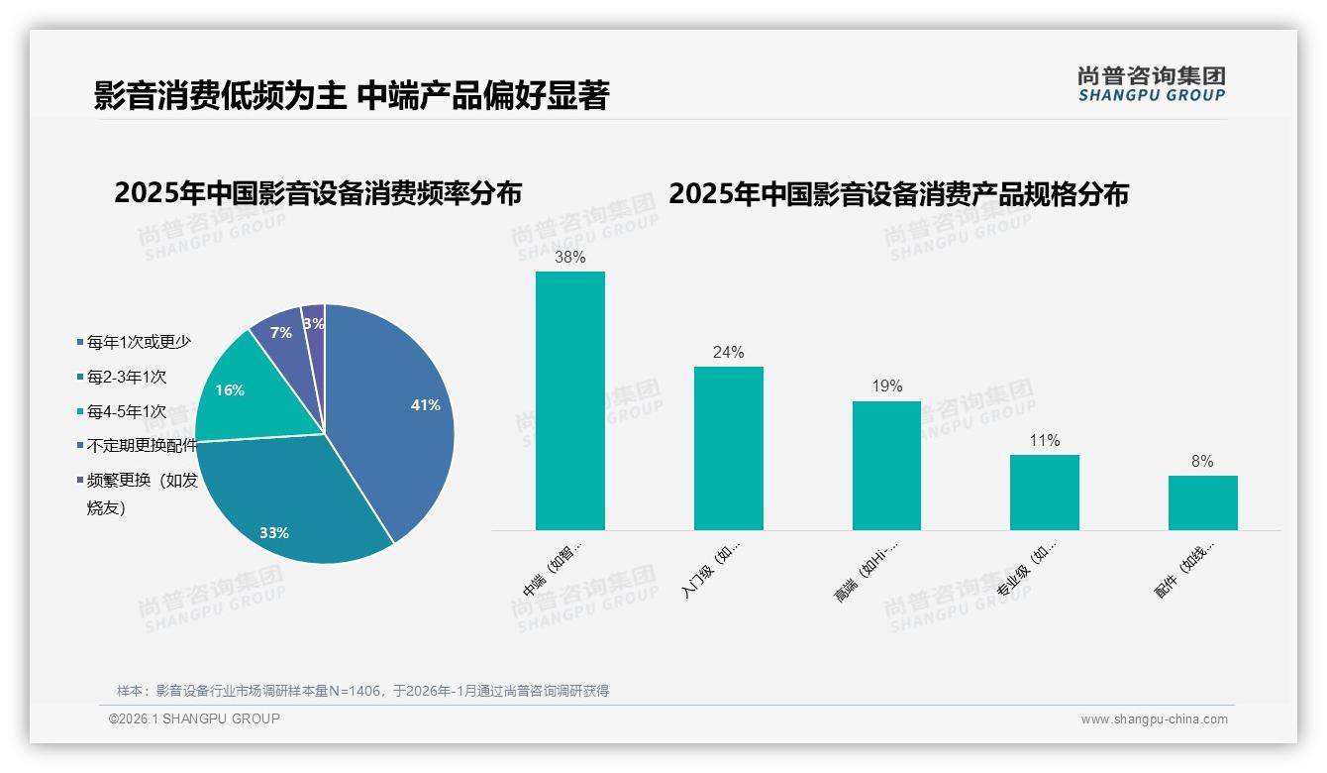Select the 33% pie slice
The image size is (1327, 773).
pyautogui.click(x=287, y=505)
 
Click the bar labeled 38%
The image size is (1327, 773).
pyautogui.click(x=569, y=401)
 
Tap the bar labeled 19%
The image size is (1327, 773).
pyautogui.click(x=886, y=466)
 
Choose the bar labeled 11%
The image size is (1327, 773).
pyautogui.click(x=1044, y=493)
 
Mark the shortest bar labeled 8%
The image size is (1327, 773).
pyautogui.click(x=1202, y=502)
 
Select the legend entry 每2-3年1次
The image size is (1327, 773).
pyautogui.click(x=126, y=377)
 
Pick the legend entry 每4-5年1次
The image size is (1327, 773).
pyautogui.click(x=126, y=411)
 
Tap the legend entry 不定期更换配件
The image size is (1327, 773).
pyautogui.click(x=142, y=446)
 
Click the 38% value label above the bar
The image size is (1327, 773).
pyautogui.click(x=569, y=258)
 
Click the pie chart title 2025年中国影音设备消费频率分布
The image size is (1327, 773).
pyautogui.click(x=318, y=193)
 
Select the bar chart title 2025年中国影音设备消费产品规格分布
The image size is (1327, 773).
pyautogui.click(x=898, y=194)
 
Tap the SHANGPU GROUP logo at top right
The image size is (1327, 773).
pyautogui.click(x=1151, y=84)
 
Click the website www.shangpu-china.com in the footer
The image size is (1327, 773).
pyautogui.click(x=1154, y=719)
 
